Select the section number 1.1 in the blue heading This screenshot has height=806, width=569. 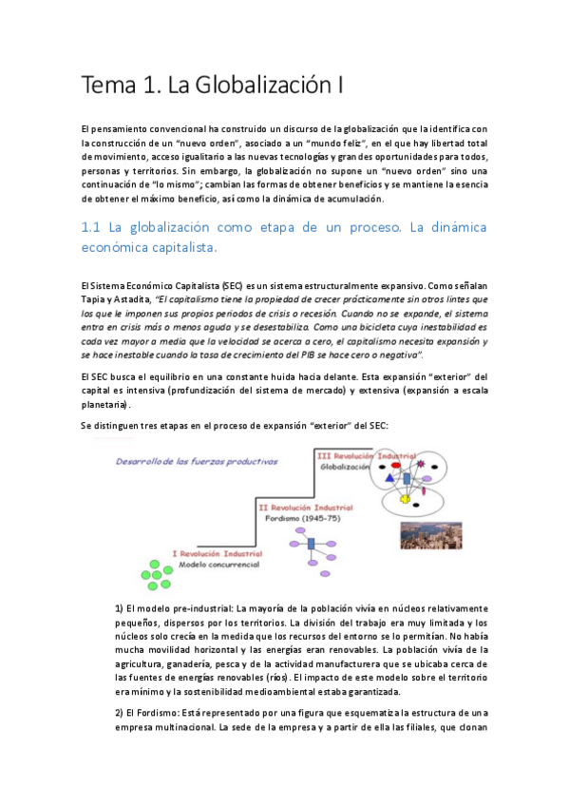coord(92,228)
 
